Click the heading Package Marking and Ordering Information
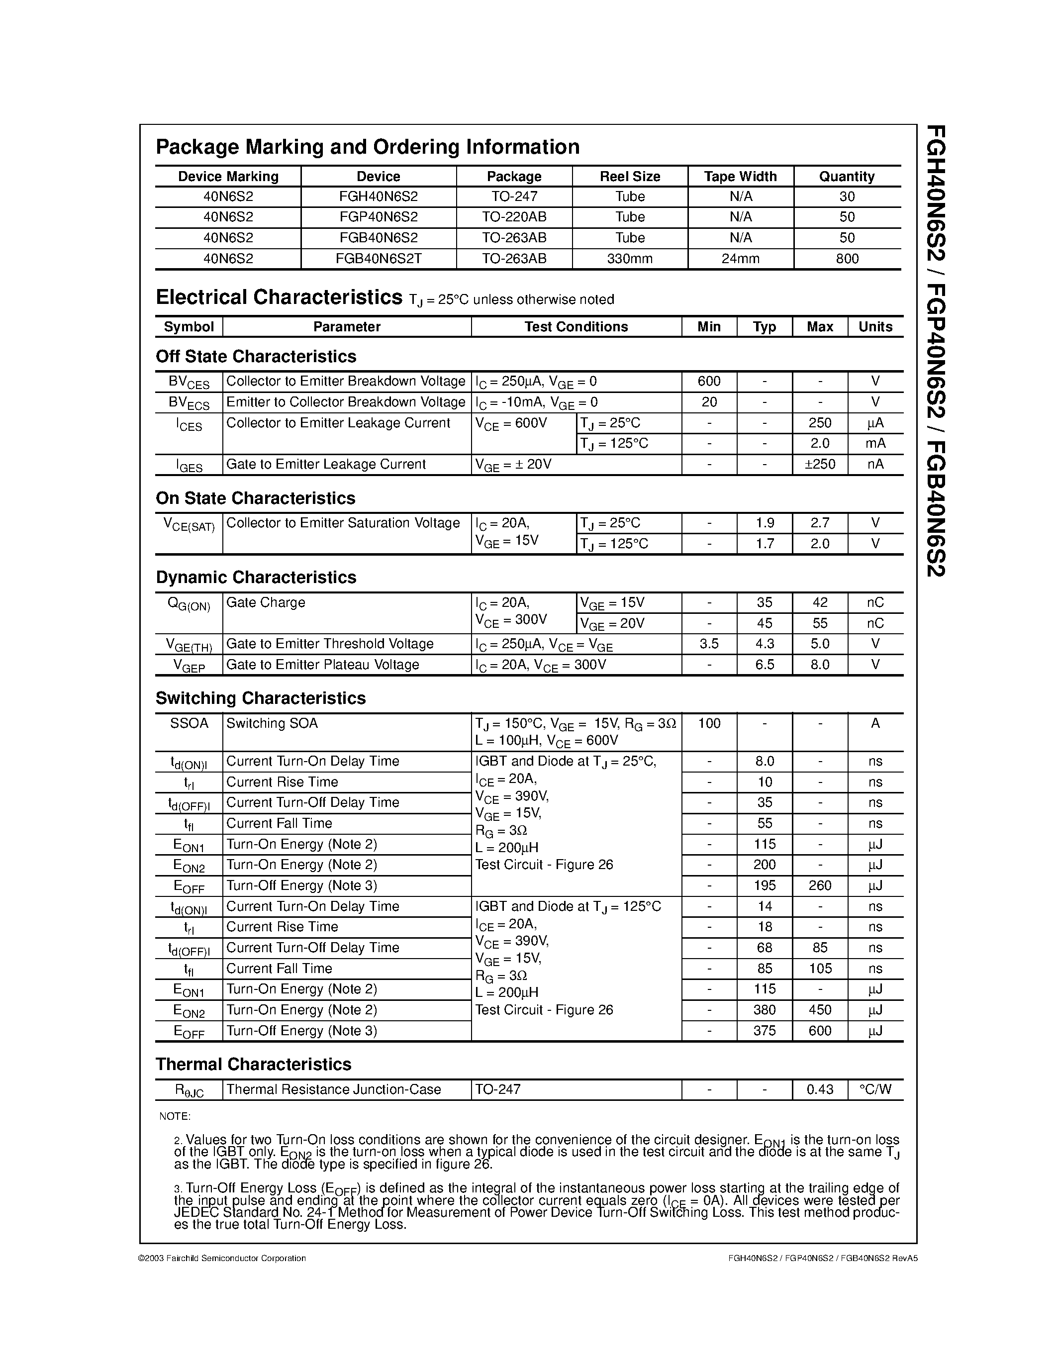click(367, 147)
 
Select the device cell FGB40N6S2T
click(378, 259)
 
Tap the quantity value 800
click(847, 259)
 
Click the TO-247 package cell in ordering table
click(514, 196)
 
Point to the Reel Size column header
click(630, 177)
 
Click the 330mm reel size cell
click(630, 259)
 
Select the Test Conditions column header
click(576, 327)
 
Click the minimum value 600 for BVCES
click(709, 382)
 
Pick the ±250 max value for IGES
click(820, 464)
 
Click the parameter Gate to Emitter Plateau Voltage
click(322, 665)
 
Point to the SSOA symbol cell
click(189, 723)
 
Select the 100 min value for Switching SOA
click(709, 723)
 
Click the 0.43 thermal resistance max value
click(820, 1089)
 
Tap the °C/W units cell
click(875, 1089)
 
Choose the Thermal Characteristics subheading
click(253, 1064)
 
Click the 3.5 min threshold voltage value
click(709, 644)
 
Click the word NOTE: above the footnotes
click(175, 1116)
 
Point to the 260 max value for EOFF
click(820, 885)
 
